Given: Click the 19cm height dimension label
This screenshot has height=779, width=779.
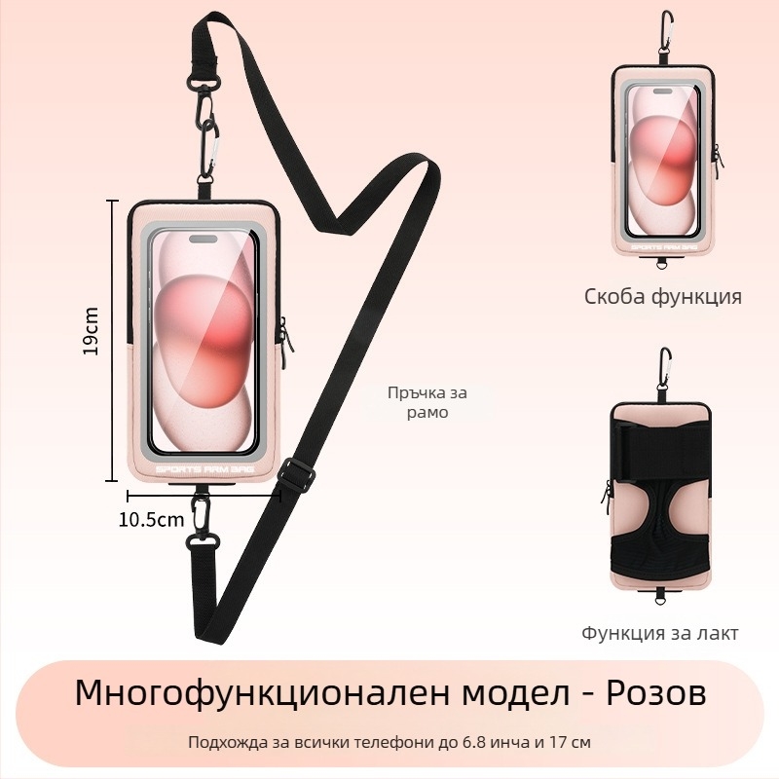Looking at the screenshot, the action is [91, 330].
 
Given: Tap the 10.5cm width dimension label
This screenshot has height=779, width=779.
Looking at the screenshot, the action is [152, 519].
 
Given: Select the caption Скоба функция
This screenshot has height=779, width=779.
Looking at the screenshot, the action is [663, 297].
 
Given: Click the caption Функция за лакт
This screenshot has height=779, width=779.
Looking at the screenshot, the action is [660, 633].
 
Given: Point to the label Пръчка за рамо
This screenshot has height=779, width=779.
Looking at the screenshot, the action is [427, 402].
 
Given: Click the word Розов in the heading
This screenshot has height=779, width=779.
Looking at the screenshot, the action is [655, 692].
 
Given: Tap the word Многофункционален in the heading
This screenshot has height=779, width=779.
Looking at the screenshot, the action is [265, 693].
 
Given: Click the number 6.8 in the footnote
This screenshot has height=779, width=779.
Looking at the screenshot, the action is [473, 742].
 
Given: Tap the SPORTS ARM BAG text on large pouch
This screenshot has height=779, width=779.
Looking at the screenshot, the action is [204, 469].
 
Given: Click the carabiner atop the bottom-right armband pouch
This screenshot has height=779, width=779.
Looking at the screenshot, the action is [665, 370].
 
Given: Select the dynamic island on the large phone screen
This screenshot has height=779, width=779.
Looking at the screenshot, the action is [204, 240].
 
